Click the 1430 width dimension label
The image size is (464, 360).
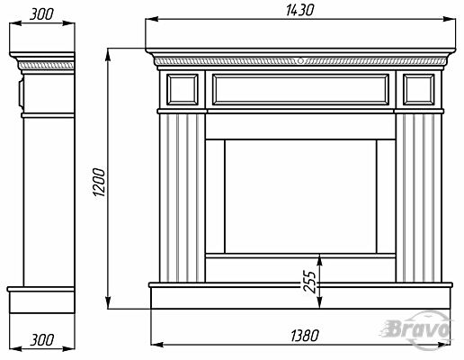(x=299, y=10)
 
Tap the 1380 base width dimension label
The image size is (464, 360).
(x=305, y=336)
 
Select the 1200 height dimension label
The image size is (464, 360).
(x=99, y=183)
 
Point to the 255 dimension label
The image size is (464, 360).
(x=309, y=282)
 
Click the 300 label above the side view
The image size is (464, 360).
(x=41, y=14)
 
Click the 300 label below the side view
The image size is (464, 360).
(x=42, y=340)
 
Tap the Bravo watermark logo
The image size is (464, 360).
(x=418, y=330)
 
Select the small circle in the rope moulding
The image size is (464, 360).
(x=300, y=61)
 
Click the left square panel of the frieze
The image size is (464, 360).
(x=183, y=90)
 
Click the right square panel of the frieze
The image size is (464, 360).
(x=419, y=90)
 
